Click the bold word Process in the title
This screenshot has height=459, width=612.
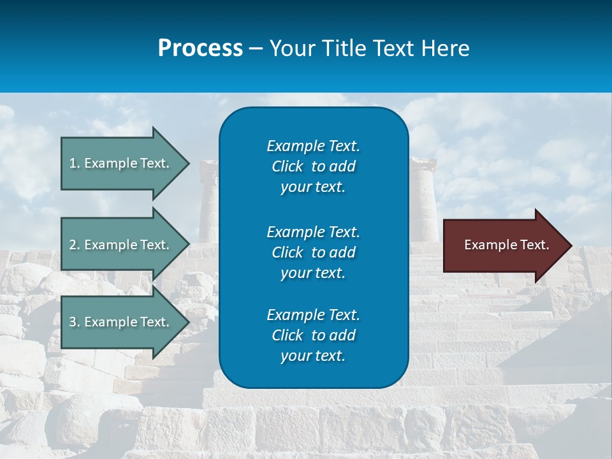click(x=200, y=48)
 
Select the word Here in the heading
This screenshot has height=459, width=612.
click(x=444, y=48)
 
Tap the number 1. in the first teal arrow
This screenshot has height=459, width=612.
click(x=75, y=164)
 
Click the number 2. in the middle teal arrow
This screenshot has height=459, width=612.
click(x=75, y=245)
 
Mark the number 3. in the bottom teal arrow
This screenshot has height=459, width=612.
click(x=75, y=323)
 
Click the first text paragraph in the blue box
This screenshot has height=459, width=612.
click(x=313, y=166)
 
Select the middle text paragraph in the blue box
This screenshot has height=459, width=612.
click(x=313, y=252)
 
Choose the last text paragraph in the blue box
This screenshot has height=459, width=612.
click(x=313, y=335)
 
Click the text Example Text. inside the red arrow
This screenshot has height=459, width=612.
click(x=506, y=245)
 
